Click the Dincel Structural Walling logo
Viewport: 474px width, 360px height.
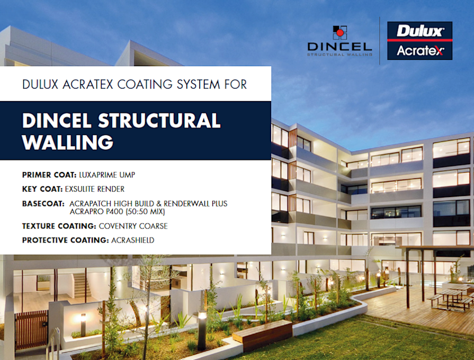click(x=339, y=41)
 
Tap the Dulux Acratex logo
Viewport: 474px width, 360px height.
click(x=419, y=41)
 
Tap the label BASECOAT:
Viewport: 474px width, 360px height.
click(x=42, y=203)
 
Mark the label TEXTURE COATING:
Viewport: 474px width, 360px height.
click(x=59, y=226)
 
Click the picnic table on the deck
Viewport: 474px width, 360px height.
click(x=450, y=296)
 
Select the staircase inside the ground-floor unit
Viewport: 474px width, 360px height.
click(x=81, y=286)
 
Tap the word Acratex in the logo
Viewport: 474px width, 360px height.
click(x=419, y=51)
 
